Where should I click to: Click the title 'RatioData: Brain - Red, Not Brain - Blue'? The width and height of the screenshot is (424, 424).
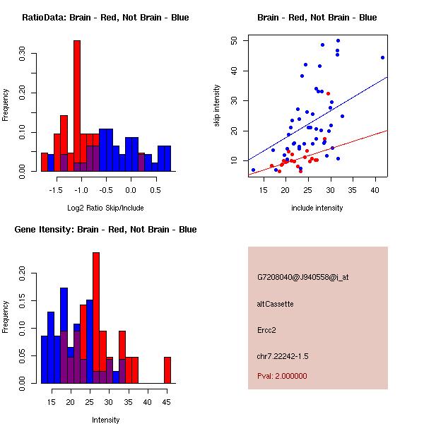pos(105,18)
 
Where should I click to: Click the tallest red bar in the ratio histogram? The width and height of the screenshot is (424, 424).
pos(77,106)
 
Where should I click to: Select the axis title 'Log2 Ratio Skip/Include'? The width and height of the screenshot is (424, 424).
pos(105,208)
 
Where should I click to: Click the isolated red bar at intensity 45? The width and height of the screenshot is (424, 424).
pos(167,370)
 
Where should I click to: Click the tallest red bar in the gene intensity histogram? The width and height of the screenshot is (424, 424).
pos(96,318)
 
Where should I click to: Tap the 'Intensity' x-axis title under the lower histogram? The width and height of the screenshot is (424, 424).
pos(105,420)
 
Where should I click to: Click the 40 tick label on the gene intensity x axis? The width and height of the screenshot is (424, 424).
pos(148,402)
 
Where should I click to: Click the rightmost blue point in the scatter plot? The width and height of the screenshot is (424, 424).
pos(382,58)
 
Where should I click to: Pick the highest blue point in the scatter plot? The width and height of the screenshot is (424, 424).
pos(338,40)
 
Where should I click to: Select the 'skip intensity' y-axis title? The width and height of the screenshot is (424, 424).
pos(219,106)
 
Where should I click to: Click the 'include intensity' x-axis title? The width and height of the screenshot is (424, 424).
pos(317,208)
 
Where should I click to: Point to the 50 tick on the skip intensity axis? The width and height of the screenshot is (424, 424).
pos(235,41)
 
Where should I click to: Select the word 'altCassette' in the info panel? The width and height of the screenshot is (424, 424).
pos(276,304)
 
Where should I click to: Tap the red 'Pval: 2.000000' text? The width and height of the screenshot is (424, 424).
pos(282,376)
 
